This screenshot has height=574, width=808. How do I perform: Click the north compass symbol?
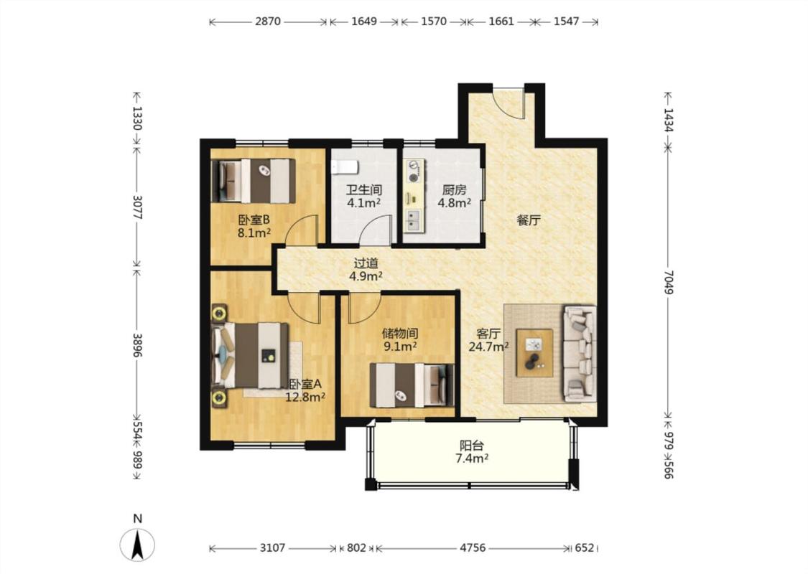click(x=137, y=545)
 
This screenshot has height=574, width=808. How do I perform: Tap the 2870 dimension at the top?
click(x=268, y=22)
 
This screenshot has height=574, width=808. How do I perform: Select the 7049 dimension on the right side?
click(x=669, y=282)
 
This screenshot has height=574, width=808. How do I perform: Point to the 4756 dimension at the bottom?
click(x=473, y=547)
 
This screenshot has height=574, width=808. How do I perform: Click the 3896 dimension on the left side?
click(x=137, y=345)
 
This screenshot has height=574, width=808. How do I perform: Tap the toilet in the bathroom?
click(x=345, y=166)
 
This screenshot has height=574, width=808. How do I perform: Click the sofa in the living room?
click(x=580, y=354)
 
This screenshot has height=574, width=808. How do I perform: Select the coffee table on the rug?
click(x=534, y=352)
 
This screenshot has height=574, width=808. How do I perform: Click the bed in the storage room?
click(x=412, y=385)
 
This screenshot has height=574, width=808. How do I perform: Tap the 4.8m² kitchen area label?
click(x=454, y=202)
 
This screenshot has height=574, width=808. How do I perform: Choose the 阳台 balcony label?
click(x=471, y=446)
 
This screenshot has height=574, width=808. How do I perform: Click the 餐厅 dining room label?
click(x=529, y=221)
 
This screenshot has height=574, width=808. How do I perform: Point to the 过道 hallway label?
click(x=366, y=263)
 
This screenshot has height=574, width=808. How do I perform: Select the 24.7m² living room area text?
click(x=488, y=347)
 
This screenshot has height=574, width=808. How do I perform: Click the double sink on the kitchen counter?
click(x=413, y=220)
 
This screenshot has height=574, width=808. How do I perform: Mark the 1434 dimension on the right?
click(x=669, y=119)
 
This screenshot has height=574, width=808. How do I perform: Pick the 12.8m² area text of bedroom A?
click(x=305, y=397)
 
